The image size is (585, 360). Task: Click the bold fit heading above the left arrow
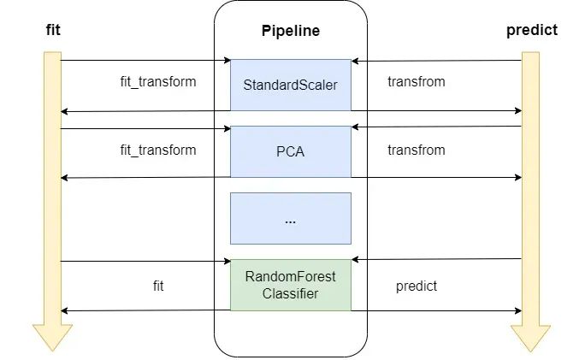52,31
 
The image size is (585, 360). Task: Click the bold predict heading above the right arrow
531,30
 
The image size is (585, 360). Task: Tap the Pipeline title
290,31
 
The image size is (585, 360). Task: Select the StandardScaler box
290,85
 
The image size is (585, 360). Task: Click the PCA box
290,151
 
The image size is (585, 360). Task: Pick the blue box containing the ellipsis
290,218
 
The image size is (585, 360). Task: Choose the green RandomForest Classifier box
290,285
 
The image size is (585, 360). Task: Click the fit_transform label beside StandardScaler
157,83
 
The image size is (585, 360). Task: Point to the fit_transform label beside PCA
157,150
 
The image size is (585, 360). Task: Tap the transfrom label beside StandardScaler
416,83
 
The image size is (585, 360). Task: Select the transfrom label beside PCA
416,150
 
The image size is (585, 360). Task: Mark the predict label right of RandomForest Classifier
416,286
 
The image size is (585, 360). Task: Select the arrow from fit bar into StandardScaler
145,61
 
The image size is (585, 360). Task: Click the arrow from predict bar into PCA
436,127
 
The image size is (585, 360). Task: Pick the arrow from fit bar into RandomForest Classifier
145,261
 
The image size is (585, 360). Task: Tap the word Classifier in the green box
290,293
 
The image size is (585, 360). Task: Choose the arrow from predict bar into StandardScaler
436,61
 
